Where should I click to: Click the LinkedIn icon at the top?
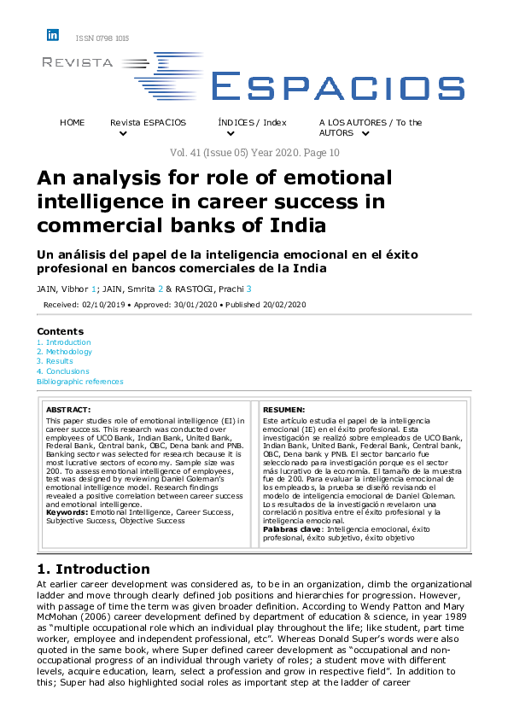coord(53,35)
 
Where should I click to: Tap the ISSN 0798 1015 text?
coord(102,39)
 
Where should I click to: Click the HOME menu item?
coord(73,123)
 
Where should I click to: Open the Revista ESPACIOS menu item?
coord(148,123)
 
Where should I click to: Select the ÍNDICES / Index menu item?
coord(252,123)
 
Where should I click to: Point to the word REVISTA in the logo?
coord(78,62)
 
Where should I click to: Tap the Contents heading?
coord(61,331)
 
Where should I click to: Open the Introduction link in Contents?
coord(67,342)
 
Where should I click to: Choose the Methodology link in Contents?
coord(69,352)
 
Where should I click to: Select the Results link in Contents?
coord(59,361)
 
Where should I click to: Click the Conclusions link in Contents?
coord(67,371)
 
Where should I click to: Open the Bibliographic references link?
coord(80,382)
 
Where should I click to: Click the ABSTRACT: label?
coord(67,410)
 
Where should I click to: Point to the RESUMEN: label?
coord(284,410)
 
